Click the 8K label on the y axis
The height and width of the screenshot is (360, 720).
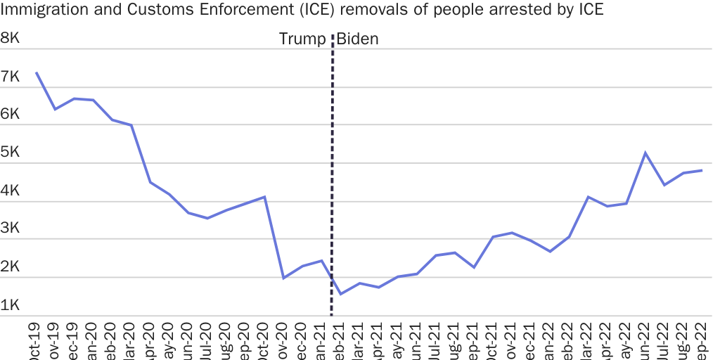10,39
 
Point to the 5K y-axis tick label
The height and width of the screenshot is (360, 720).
10,153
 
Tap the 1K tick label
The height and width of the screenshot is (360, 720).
10,305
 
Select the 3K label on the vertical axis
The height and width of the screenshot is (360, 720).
10,229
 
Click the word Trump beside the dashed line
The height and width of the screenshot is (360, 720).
302,39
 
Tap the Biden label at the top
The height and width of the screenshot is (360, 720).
357,39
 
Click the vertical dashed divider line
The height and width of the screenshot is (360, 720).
332,176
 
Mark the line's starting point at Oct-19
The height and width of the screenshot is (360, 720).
37,72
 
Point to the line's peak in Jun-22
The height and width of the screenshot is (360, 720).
645,153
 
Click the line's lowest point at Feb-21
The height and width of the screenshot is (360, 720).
340,294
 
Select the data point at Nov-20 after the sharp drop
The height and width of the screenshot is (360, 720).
283,278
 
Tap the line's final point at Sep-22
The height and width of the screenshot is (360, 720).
702,170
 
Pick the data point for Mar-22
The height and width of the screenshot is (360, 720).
588,197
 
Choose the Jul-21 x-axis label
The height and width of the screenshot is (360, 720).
436,341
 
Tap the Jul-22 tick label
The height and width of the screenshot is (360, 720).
664,341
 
